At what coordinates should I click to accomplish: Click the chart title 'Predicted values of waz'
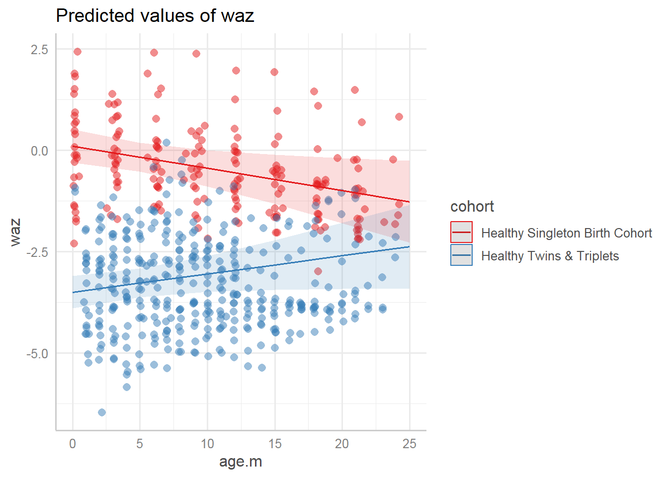(x=155, y=16)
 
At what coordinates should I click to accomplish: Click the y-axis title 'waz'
(x=16, y=232)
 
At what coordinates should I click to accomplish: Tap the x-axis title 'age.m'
(x=241, y=462)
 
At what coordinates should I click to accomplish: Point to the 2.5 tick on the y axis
(x=40, y=50)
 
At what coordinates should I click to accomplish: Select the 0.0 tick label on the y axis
(x=40, y=151)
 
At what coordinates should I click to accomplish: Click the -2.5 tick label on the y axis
(x=38, y=252)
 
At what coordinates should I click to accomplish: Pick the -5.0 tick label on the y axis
(x=38, y=354)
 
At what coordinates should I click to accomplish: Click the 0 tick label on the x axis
(x=73, y=444)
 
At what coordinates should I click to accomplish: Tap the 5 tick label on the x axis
(x=140, y=444)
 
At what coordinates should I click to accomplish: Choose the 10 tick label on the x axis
(x=207, y=444)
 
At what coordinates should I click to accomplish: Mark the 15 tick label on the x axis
(x=275, y=444)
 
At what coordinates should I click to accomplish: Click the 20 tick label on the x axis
(x=342, y=444)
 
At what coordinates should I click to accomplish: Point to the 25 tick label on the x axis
(x=410, y=444)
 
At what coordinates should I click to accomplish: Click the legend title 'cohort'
(x=472, y=207)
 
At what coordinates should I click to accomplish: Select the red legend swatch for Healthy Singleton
(x=461, y=233)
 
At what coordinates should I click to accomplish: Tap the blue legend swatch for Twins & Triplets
(x=461, y=255)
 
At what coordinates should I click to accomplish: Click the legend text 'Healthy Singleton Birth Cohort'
(x=566, y=233)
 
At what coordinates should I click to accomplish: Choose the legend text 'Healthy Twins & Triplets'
(x=550, y=256)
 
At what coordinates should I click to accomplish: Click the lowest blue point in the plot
(x=102, y=412)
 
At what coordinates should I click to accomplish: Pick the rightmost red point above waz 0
(x=399, y=117)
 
